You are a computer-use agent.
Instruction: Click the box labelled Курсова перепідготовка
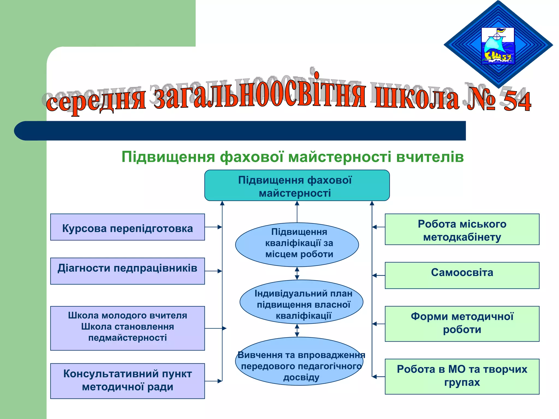(x=127, y=227)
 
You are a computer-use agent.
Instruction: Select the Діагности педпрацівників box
(x=127, y=271)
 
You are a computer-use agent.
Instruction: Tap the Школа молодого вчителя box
(x=127, y=328)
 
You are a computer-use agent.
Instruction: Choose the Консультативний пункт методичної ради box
(x=127, y=381)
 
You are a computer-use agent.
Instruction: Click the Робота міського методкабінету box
(x=462, y=229)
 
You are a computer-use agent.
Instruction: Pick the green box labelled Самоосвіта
(x=462, y=276)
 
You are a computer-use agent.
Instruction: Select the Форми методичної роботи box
(x=462, y=324)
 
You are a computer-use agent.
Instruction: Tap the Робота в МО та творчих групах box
(x=462, y=376)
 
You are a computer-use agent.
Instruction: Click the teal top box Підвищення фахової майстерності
(x=297, y=185)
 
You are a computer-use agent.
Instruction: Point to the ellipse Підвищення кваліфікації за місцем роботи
(x=297, y=244)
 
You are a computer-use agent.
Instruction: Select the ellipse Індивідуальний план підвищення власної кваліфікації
(x=301, y=302)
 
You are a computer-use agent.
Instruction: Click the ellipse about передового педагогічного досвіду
(x=299, y=361)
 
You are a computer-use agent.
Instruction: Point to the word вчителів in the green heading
(x=430, y=157)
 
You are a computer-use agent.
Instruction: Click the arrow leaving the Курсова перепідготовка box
(x=213, y=227)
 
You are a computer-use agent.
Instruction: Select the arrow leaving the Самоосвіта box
(x=379, y=276)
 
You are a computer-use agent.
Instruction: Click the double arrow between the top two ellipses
(x=297, y=273)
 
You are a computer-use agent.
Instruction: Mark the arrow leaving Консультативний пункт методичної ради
(x=213, y=381)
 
